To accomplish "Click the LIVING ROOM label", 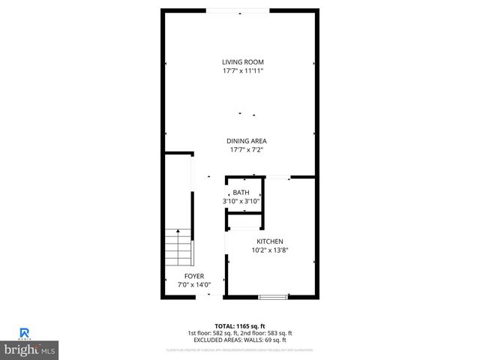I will [242, 62].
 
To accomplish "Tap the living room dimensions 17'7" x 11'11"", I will [242, 71].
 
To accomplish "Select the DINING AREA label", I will [247, 141].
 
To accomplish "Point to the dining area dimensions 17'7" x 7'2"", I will [247, 150].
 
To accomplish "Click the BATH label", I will [241, 193].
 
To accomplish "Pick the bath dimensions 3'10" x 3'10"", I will [241, 202].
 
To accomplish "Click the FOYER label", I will [193, 276].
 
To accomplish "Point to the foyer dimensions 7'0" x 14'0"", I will [193, 285].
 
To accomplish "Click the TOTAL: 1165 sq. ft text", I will [240, 325].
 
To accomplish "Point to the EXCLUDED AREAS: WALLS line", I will [240, 340].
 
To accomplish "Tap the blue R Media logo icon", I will [24, 333].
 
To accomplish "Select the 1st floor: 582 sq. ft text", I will [213, 333].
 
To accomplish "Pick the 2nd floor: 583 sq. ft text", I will [267, 333].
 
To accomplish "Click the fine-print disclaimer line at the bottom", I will [240, 350].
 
